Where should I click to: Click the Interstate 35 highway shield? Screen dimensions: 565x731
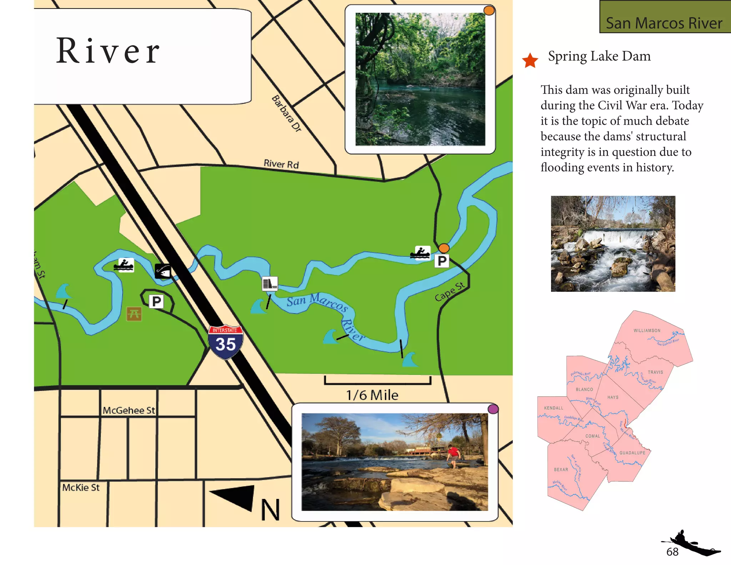coord(226,342)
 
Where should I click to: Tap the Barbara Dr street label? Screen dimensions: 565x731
coord(287,114)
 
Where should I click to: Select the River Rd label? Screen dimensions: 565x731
coord(281,164)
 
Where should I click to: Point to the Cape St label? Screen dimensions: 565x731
coord(450,291)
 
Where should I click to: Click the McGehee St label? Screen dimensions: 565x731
coord(129,410)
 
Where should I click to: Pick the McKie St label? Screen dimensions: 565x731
coord(81,487)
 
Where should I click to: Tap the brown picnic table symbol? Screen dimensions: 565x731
coord(134,314)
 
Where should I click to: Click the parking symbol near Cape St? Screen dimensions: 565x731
coord(442,261)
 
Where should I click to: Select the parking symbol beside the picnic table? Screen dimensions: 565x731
coord(156,302)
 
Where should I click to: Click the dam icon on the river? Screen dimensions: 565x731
coord(270,284)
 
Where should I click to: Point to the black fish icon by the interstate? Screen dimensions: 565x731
coord(163,271)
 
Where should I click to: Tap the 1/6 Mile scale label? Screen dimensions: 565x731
coord(372,395)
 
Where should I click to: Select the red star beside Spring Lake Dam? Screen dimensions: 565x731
coord(530,60)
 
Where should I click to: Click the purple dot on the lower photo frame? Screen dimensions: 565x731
coord(493,409)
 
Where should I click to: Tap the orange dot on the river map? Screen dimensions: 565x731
coord(444,248)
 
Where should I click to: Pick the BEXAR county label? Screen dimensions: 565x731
coord(561,470)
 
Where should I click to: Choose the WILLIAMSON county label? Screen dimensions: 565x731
coord(647,331)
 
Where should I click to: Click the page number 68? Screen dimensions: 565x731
coord(672,552)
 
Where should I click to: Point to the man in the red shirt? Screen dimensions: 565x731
coord(453,455)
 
